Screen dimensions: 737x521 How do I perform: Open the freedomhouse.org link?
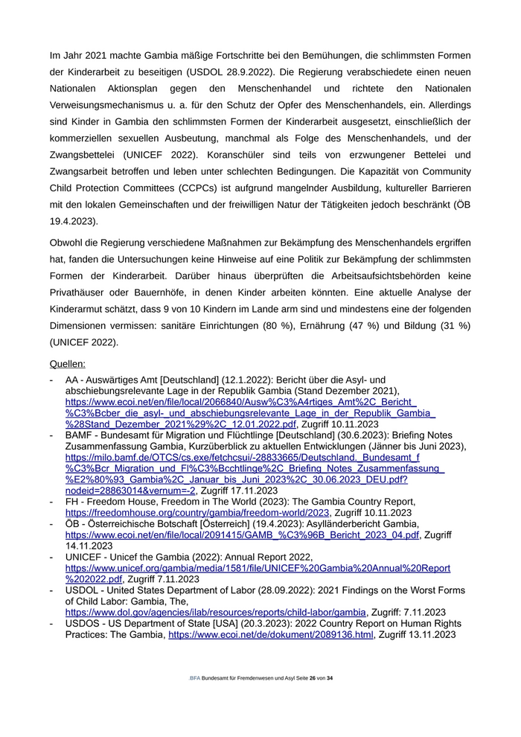[197, 513]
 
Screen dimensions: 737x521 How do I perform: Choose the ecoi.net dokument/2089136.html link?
[270, 634]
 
